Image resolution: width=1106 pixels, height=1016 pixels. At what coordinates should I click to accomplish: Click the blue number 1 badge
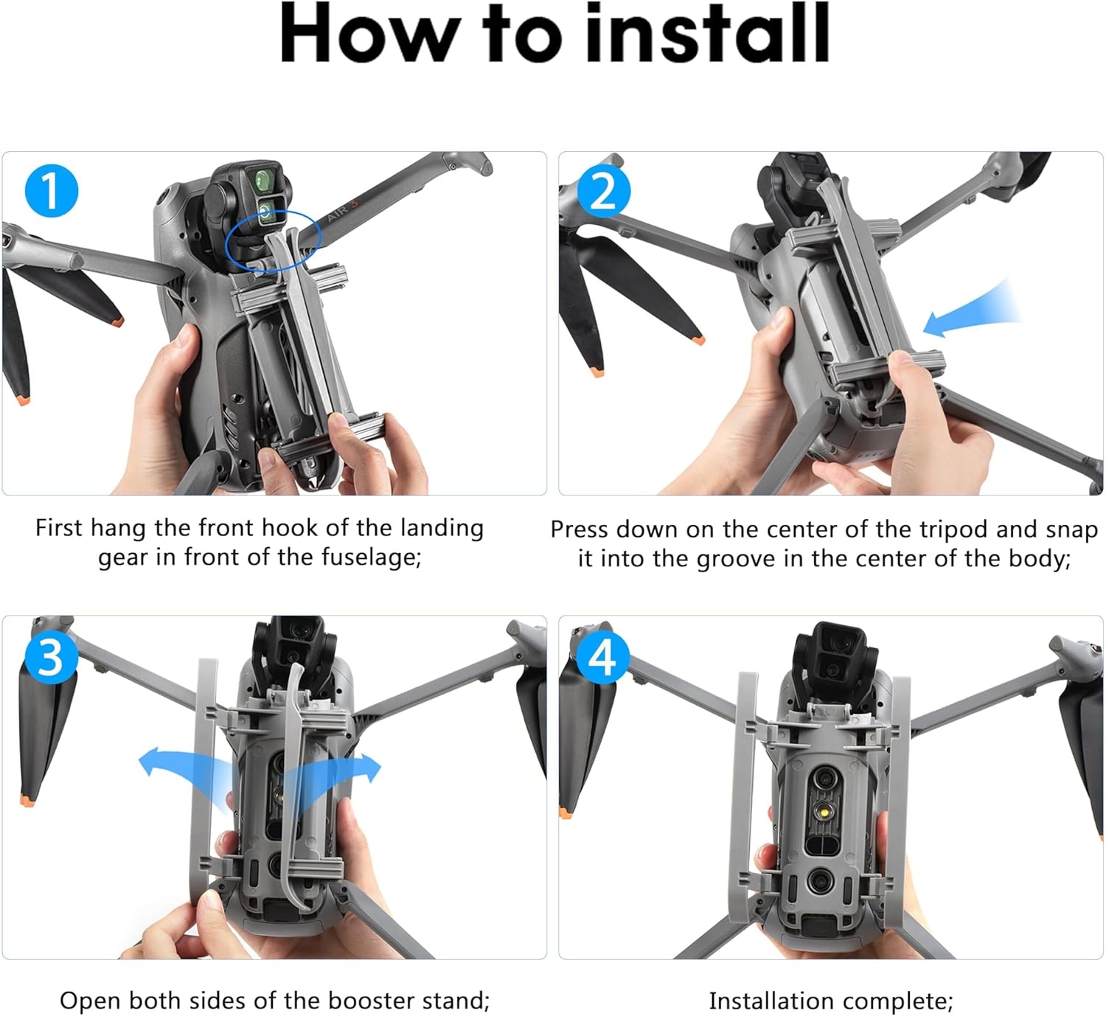pyautogui.click(x=52, y=190)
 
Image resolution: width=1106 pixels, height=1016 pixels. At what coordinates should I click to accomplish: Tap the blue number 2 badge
pyautogui.click(x=603, y=190)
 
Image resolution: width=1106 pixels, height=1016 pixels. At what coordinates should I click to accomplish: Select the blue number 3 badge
pyautogui.click(x=51, y=657)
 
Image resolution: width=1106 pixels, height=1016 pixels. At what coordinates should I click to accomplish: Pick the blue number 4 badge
pyautogui.click(x=602, y=657)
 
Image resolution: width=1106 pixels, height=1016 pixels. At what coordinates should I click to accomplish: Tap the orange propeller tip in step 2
pyautogui.click(x=698, y=340)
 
